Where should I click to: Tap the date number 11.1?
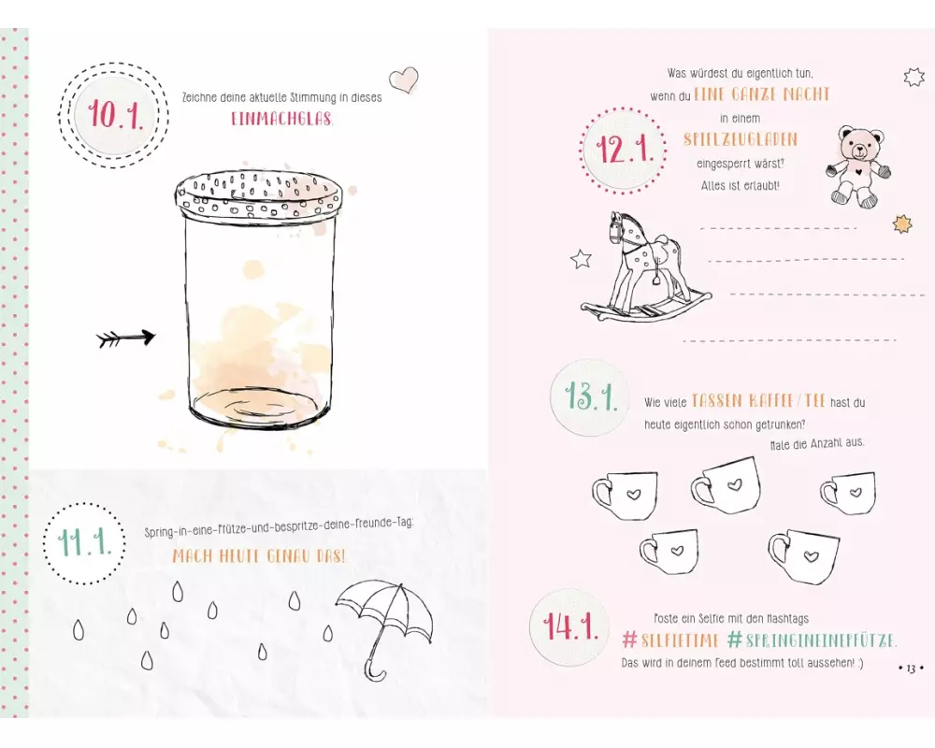[x=85, y=543]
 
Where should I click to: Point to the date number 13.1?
[x=590, y=396]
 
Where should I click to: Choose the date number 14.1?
[x=570, y=626]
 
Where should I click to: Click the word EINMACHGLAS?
[x=282, y=119]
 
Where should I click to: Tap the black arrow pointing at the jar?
[x=126, y=338]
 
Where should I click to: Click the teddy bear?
[x=858, y=165]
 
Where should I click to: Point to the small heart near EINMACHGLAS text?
[x=404, y=79]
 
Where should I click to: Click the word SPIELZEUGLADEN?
[x=740, y=139]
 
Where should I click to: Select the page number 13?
[x=911, y=669]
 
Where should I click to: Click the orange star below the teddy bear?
[x=902, y=223]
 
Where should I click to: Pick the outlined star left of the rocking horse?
[x=581, y=259]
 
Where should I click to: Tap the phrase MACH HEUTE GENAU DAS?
[x=259, y=556]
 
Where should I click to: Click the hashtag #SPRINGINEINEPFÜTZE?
[x=812, y=640]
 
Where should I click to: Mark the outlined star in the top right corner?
[x=913, y=78]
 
